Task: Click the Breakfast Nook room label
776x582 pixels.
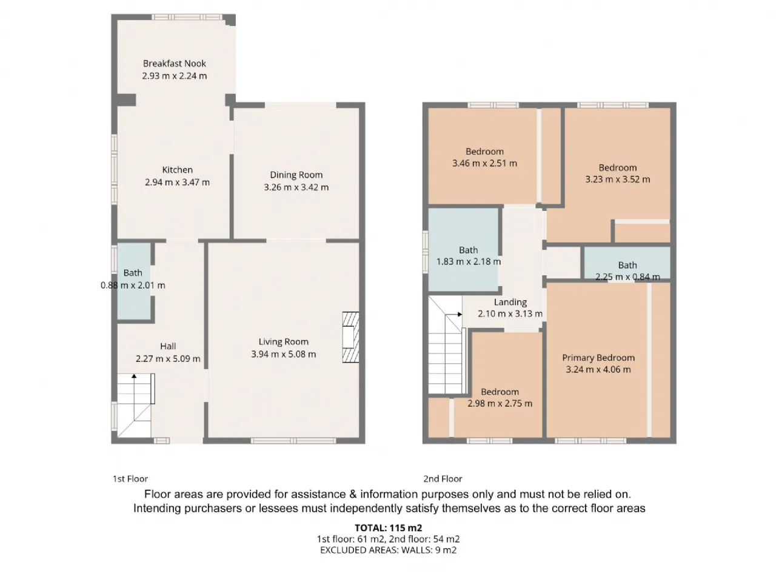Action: tap(174, 64)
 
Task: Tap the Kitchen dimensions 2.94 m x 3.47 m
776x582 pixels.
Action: tap(177, 182)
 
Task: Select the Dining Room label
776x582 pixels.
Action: tap(296, 175)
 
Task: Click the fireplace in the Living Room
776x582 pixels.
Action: tap(350, 336)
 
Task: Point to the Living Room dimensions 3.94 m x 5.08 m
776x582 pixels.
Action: tap(284, 354)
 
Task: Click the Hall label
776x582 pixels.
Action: tap(168, 346)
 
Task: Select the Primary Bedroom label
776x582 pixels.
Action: tap(598, 358)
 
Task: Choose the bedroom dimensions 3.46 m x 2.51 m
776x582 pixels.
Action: tap(484, 163)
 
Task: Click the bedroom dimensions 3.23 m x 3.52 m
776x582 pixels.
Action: tap(618, 179)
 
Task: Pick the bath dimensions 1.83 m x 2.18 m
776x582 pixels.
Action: tap(469, 262)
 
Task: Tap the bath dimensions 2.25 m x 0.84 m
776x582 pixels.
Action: tap(627, 277)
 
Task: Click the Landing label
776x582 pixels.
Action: tap(510, 303)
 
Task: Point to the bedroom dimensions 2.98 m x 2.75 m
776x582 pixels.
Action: tap(500, 404)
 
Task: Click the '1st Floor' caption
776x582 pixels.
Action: tap(130, 479)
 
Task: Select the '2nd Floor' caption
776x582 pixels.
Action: tap(443, 479)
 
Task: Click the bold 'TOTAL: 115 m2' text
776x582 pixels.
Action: tap(388, 528)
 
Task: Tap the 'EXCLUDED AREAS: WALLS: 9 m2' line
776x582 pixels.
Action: tap(388, 550)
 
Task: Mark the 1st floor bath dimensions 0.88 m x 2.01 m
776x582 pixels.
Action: tap(133, 285)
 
